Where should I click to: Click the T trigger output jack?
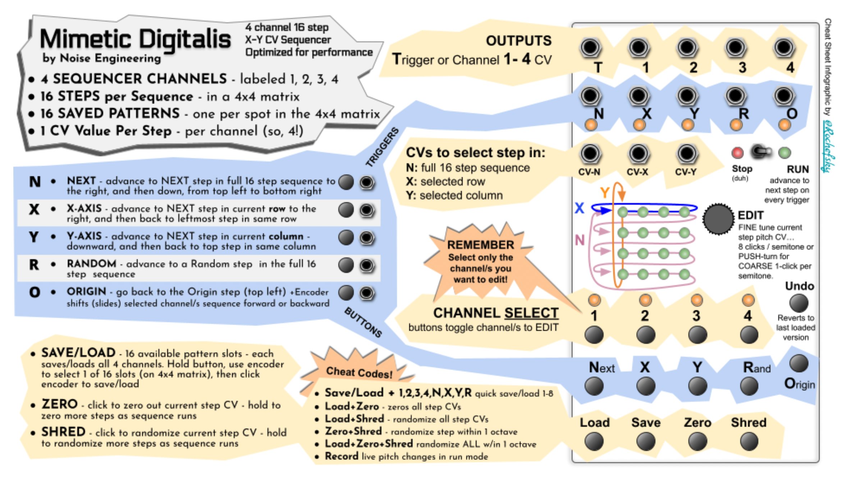point(590,47)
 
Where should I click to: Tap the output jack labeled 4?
point(784,47)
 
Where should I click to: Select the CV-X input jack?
point(638,154)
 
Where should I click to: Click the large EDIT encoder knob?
point(718,219)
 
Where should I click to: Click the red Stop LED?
point(737,153)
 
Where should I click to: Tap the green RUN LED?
point(784,153)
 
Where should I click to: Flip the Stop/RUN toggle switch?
point(760,152)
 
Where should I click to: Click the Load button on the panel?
point(594,441)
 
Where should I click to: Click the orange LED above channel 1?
point(594,299)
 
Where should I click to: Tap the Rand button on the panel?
point(749,386)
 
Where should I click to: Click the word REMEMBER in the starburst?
point(480,245)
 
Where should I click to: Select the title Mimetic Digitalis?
point(135,40)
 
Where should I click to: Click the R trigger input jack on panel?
point(735,96)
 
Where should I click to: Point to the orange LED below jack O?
point(784,125)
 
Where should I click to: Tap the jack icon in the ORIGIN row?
point(367,293)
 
